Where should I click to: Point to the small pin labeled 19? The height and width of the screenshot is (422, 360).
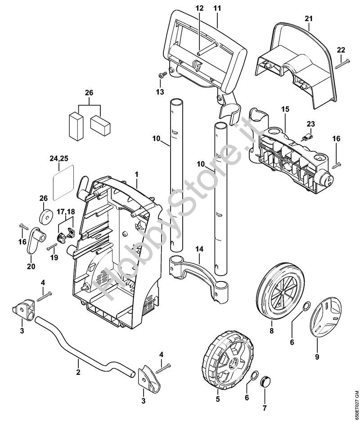(51, 247)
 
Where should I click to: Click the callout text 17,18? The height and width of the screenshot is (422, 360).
(65, 211)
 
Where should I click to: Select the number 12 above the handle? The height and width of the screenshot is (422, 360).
(199, 9)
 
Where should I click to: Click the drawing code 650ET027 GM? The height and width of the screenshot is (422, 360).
(355, 396)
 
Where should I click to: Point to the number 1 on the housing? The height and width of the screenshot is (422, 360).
(137, 173)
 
